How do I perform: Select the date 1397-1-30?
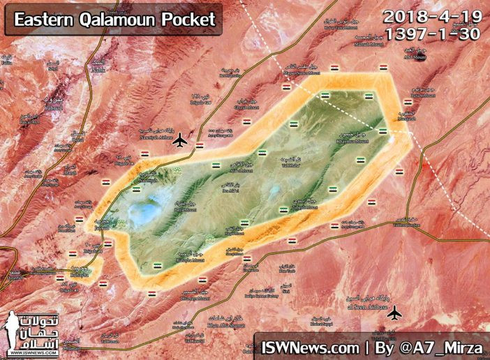click(x=433, y=35)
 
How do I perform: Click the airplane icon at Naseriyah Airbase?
click(x=180, y=140)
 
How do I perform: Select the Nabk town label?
click(x=96, y=68)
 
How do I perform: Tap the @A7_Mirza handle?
click(x=440, y=345)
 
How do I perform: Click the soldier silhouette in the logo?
click(x=13, y=332)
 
